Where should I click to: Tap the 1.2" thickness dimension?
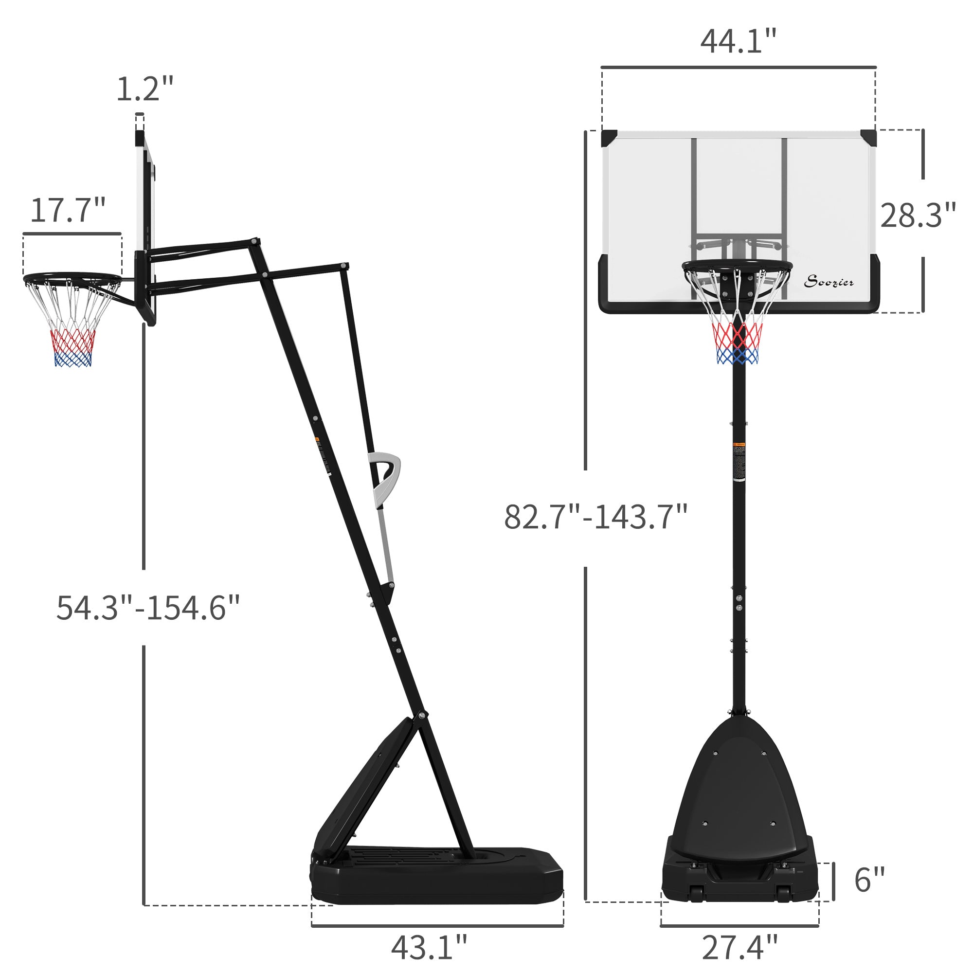tap(144, 89)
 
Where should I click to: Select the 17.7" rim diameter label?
tap(68, 211)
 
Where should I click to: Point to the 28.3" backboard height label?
tap(918, 216)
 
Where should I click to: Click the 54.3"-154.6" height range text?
tap(148, 608)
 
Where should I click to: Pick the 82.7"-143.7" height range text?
tap(595, 517)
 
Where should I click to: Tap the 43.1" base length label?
tap(429, 948)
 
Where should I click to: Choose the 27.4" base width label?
tap(739, 948)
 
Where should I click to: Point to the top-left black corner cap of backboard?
tap(609, 138)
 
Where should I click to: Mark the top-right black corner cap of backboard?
tap(868, 137)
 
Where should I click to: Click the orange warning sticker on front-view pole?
tap(739, 444)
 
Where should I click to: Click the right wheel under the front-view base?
tap(784, 893)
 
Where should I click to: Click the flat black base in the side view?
tap(437, 877)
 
